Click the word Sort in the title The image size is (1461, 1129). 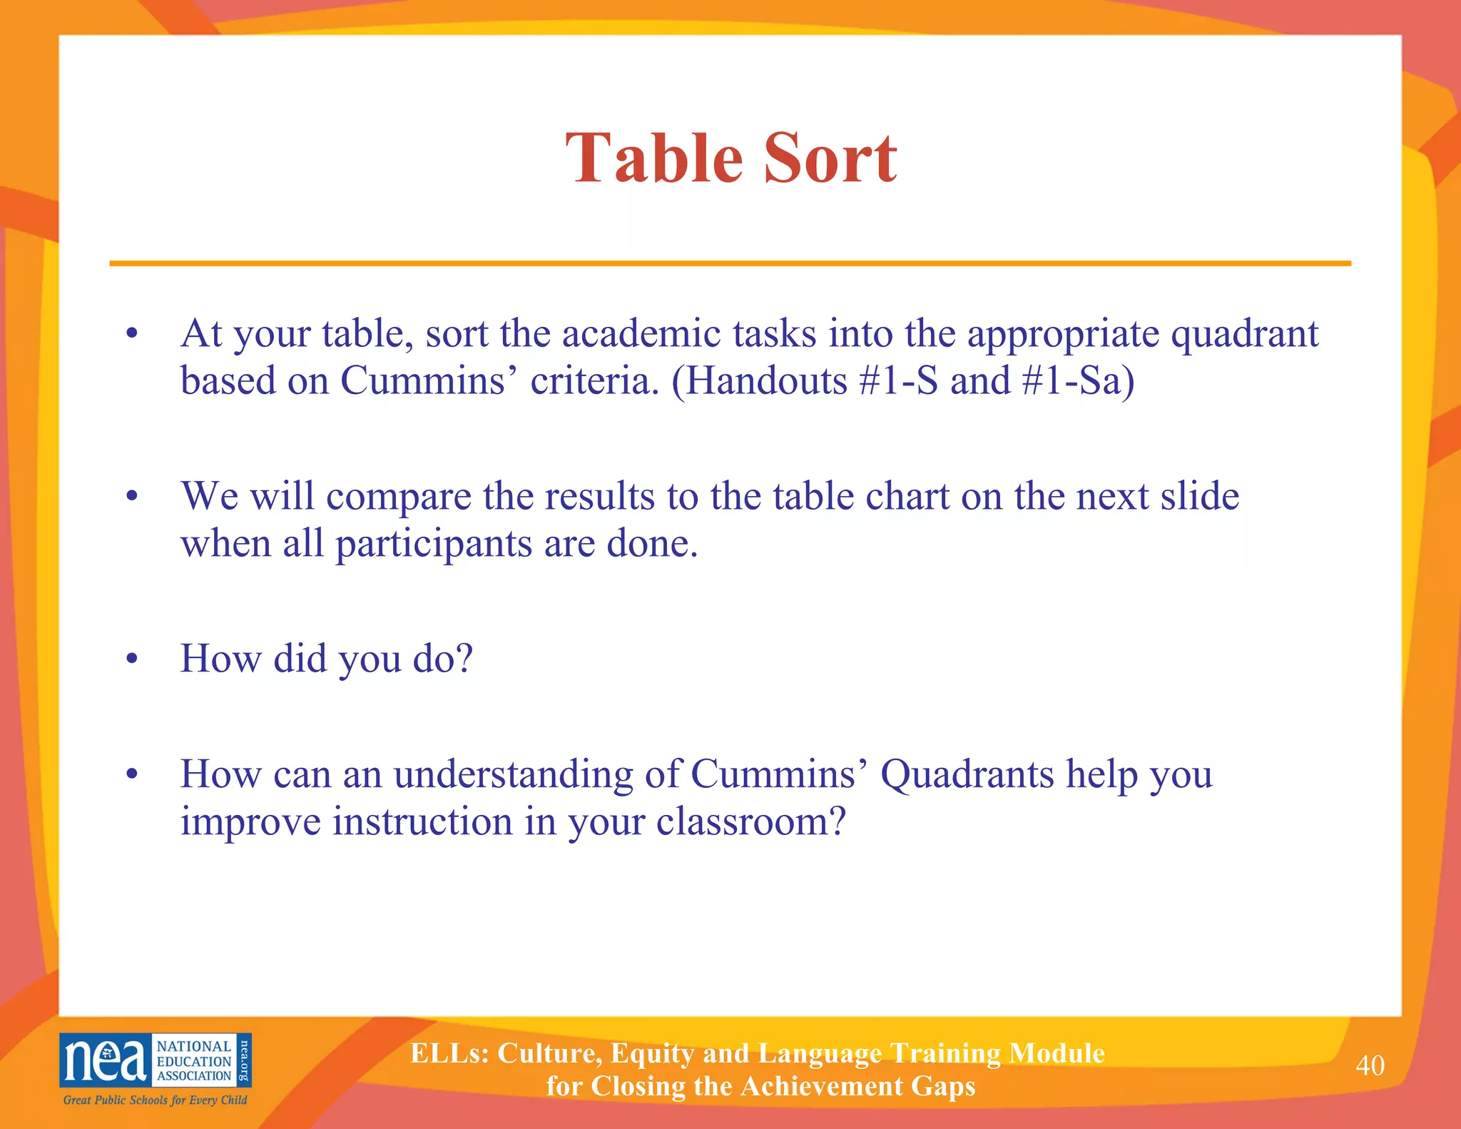point(830,158)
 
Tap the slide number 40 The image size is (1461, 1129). point(1370,1065)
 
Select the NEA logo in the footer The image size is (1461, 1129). point(155,1060)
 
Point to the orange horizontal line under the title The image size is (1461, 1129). point(730,263)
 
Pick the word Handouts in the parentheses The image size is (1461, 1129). point(765,381)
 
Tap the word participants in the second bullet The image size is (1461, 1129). point(434,545)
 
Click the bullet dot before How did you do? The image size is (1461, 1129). point(131,659)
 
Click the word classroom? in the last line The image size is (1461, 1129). point(750,822)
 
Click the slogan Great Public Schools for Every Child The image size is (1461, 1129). point(155,1100)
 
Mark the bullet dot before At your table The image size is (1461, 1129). point(131,334)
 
